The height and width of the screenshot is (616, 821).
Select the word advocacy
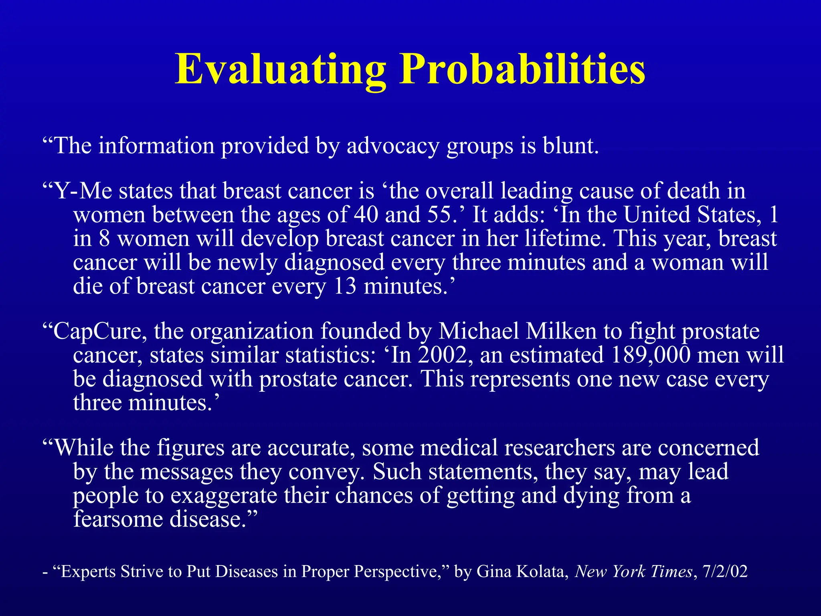[x=393, y=146]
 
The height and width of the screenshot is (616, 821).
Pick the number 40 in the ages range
[x=366, y=215]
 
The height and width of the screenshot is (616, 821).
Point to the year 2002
[x=443, y=355]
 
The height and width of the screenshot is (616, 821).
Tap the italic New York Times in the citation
[x=633, y=571]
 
